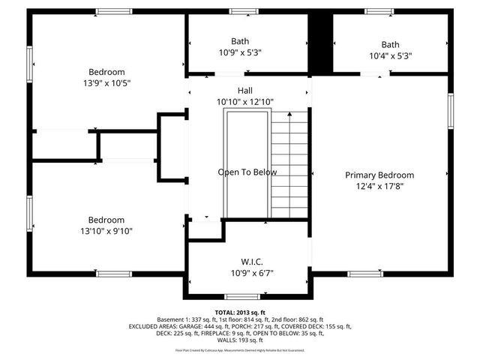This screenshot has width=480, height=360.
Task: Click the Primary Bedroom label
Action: pos(379,175)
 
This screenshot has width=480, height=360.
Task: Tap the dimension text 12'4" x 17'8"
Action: pos(379,186)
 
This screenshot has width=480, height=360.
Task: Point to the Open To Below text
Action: pos(247,172)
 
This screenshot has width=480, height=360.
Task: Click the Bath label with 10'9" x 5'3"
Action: pos(240,41)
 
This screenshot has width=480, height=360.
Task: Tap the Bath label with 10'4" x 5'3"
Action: pos(390,44)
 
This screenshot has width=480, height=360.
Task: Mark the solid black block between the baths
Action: pos(321,43)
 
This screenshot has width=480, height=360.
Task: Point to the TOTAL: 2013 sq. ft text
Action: pos(240,313)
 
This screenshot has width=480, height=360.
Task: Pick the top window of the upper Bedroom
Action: pos(114,11)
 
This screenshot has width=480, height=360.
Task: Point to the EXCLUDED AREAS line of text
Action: pos(240,327)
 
